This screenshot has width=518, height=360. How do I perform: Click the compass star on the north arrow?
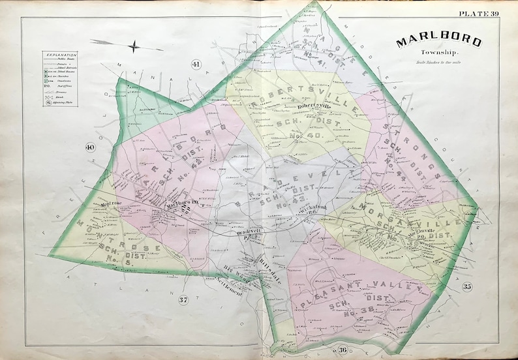point(134,46)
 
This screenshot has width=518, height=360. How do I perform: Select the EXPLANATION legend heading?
point(61,55)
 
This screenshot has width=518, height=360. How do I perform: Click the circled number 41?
point(195,64)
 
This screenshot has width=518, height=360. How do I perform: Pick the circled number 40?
point(91,149)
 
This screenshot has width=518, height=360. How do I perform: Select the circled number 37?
point(185,299)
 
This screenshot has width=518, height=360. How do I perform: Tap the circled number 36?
point(342,350)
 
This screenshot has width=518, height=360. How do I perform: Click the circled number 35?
point(466,286)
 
